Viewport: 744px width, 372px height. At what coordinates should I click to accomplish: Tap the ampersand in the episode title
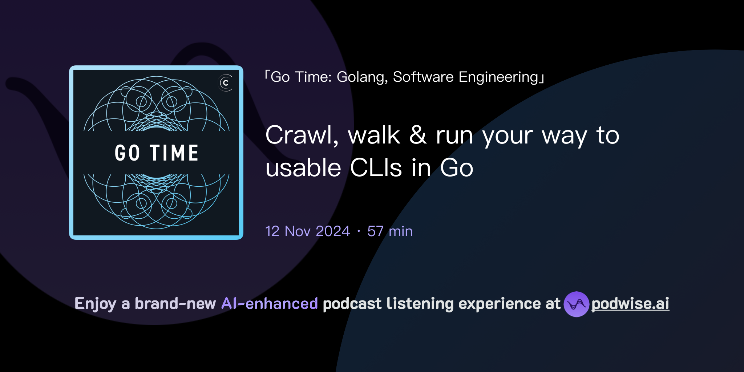(x=418, y=135)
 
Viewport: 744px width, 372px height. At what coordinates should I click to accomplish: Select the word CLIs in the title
(x=376, y=168)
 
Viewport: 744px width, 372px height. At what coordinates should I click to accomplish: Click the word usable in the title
(x=303, y=168)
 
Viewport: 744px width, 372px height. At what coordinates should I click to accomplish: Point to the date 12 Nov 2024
(x=307, y=231)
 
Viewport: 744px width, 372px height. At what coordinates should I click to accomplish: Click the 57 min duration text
(x=390, y=231)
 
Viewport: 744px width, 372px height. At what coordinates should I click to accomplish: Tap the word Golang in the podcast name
(x=362, y=77)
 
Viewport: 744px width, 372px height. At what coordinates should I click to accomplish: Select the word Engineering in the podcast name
(x=498, y=77)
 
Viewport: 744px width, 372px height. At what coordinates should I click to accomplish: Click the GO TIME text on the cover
(x=156, y=153)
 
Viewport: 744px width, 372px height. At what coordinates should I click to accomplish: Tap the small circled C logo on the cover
(x=226, y=83)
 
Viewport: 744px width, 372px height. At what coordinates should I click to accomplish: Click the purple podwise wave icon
(x=576, y=304)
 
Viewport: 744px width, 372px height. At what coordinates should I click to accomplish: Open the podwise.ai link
(x=630, y=304)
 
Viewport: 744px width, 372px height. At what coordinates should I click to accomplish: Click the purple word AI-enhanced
(x=270, y=304)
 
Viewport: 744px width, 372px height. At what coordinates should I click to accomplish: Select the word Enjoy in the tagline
(x=95, y=304)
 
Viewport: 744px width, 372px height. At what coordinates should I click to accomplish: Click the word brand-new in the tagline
(x=175, y=304)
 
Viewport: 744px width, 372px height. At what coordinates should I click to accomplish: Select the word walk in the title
(x=373, y=136)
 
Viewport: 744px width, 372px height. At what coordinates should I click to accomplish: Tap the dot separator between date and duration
(x=359, y=231)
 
